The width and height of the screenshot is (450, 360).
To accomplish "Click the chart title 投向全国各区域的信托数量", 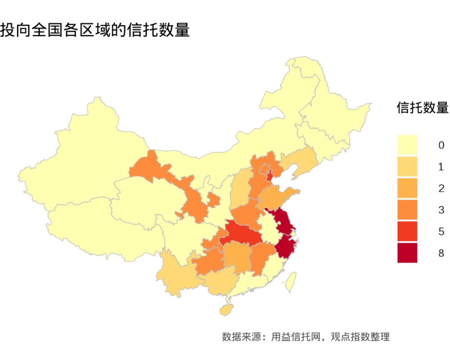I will [95, 30].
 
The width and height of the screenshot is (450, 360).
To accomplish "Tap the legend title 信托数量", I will [422, 108].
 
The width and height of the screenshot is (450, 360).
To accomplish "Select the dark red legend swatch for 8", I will [407, 253].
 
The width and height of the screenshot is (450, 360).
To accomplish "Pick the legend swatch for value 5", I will [407, 231].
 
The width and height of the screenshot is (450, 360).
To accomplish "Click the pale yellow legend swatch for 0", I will [407, 145].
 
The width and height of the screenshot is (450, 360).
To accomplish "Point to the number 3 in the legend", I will [441, 210].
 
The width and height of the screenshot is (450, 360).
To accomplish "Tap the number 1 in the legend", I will [441, 167].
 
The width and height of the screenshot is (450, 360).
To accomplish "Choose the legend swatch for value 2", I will [407, 188].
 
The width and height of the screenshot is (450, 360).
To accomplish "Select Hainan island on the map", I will [227, 310].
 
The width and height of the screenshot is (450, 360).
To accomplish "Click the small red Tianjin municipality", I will [269, 175].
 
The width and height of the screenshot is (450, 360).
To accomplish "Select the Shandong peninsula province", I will [277, 196].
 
